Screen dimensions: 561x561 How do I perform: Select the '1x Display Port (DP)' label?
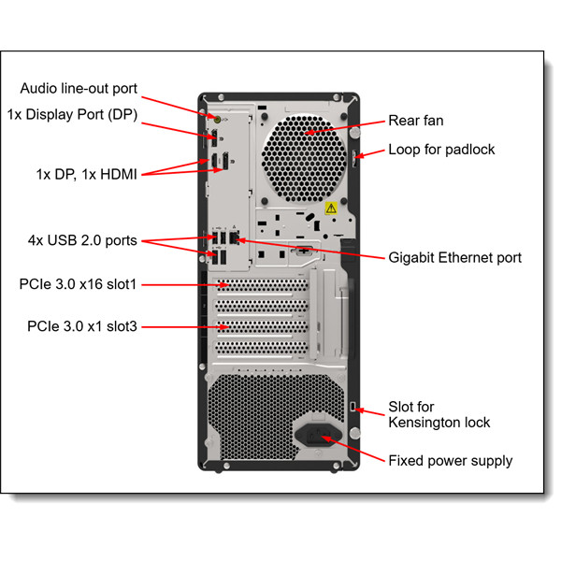(x=84, y=115)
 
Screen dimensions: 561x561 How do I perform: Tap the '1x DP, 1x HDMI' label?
(x=86, y=174)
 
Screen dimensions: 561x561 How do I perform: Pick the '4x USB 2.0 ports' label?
(x=82, y=240)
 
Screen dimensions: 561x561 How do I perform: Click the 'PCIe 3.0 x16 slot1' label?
(x=82, y=283)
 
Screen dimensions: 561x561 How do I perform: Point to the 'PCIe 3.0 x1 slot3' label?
(x=82, y=326)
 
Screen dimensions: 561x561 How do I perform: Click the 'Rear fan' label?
(x=415, y=121)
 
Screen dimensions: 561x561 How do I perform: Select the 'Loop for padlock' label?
(x=441, y=150)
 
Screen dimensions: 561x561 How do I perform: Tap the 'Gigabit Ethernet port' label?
(x=454, y=257)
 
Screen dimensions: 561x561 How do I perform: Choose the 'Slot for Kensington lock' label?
(x=439, y=414)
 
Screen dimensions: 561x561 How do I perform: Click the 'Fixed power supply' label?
(x=450, y=460)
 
